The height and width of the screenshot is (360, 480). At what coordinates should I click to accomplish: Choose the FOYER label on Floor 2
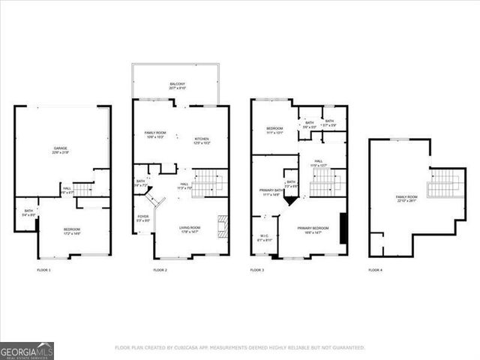point(143,218)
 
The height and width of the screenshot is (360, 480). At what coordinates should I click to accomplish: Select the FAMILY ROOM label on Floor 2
point(155,135)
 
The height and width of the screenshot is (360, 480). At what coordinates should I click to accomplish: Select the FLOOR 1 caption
point(43,269)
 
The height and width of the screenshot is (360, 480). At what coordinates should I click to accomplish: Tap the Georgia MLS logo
point(27,350)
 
